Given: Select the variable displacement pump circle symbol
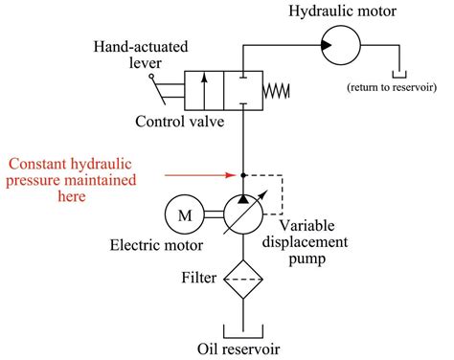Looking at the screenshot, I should pyautogui.click(x=243, y=216).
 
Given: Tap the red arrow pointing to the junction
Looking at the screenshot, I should pyautogui.click(x=201, y=175).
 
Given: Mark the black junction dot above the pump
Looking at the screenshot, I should pyautogui.click(x=243, y=175).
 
